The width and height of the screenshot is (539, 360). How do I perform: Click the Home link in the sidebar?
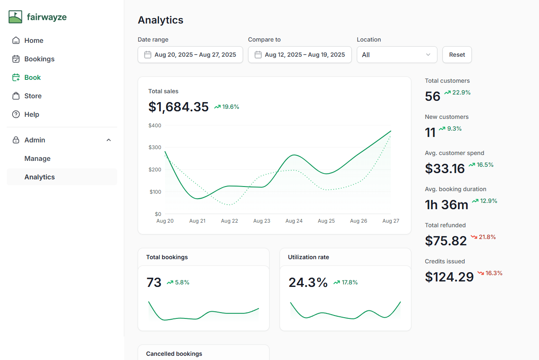click(x=34, y=41)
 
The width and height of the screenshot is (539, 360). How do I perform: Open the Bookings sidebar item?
click(x=39, y=59)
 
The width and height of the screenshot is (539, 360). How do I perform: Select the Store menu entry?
click(x=33, y=96)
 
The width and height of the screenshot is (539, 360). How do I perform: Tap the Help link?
click(x=31, y=115)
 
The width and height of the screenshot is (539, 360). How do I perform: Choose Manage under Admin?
click(x=37, y=159)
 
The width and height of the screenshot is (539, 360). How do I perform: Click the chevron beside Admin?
click(x=109, y=140)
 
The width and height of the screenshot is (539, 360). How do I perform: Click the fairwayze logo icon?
click(x=16, y=17)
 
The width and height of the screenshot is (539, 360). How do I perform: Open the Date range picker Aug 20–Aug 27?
click(x=190, y=55)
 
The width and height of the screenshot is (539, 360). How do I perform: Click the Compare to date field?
click(x=300, y=55)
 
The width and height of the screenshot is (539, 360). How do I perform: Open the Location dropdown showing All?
click(x=397, y=55)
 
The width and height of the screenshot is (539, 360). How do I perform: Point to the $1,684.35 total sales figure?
click(x=178, y=107)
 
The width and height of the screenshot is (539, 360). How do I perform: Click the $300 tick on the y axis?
click(x=155, y=147)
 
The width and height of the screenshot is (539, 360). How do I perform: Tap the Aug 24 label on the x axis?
click(x=294, y=221)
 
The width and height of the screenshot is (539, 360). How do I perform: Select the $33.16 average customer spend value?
click(x=445, y=168)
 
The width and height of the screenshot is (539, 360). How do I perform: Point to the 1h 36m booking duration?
click(x=446, y=205)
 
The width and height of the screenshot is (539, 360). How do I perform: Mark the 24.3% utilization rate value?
click(x=308, y=283)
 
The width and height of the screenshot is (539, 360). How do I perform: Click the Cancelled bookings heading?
click(x=174, y=354)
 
